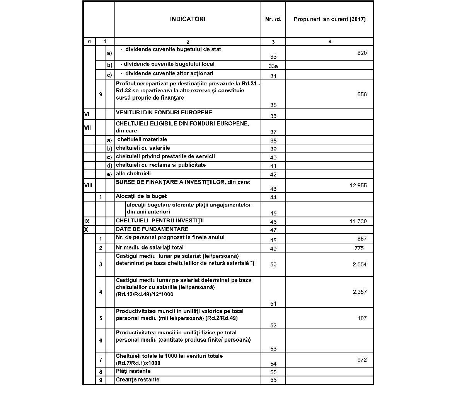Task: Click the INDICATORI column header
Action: click(188, 19)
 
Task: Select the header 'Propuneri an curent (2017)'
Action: click(329, 19)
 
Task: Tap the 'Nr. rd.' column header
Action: click(273, 19)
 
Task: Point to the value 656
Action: click(362, 94)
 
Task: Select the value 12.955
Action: click(358, 185)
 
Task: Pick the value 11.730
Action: click(358, 221)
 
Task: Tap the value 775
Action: click(359, 248)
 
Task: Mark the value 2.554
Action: click(360, 264)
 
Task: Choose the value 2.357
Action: click(360, 292)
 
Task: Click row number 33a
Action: click(273, 66)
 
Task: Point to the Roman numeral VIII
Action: click(89, 185)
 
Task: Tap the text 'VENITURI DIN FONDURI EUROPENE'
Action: click(164, 113)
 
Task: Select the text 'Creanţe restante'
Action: click(138, 379)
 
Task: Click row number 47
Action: click(273, 230)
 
